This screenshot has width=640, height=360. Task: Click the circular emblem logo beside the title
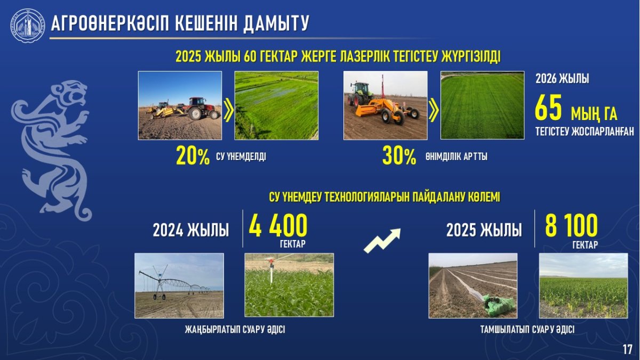click(28, 25)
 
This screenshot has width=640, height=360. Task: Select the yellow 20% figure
click(193, 156)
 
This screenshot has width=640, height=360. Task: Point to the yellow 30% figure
click(399, 156)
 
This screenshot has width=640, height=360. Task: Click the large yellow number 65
click(548, 108)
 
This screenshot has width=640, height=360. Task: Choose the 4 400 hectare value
click(278, 226)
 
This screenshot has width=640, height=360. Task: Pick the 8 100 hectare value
click(571, 226)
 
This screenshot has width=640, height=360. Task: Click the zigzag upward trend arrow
click(382, 241)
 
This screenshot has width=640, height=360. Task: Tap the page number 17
click(627, 349)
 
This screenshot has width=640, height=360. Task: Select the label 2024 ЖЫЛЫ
click(191, 230)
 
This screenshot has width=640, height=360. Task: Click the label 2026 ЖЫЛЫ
click(562, 78)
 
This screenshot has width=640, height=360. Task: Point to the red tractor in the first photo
click(201, 108)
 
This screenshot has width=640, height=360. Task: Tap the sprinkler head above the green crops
click(270, 262)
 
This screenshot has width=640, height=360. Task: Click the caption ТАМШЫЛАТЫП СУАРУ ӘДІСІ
click(527, 330)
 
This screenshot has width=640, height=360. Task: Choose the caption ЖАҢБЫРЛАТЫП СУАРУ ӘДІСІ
click(235, 330)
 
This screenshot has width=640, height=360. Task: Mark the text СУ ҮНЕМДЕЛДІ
click(241, 157)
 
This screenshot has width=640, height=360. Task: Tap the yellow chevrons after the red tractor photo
click(229, 110)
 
